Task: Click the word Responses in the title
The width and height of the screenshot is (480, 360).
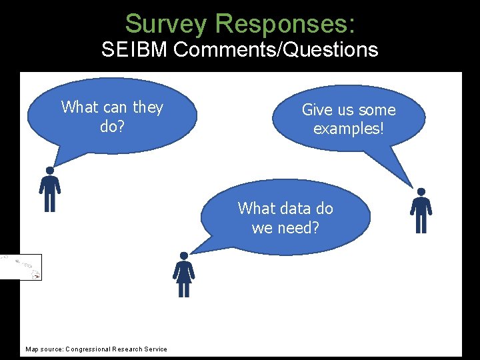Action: (285, 24)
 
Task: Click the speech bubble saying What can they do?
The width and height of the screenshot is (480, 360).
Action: (112, 116)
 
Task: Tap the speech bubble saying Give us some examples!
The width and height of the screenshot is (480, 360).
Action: (349, 119)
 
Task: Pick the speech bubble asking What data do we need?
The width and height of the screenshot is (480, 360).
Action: (285, 217)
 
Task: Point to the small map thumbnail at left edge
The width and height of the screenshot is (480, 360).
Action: (21, 267)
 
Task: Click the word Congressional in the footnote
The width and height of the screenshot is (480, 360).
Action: (89, 349)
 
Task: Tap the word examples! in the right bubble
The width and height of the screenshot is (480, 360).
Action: (349, 128)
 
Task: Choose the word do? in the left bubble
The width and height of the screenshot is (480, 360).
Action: (112, 126)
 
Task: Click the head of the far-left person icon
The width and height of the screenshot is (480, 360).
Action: (49, 171)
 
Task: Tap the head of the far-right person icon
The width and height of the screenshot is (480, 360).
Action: (421, 192)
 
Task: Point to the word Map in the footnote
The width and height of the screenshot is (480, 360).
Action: (32, 349)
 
